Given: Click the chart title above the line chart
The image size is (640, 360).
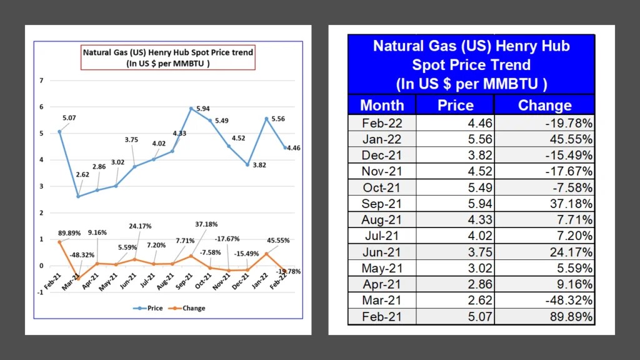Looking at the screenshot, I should [x=168, y=57].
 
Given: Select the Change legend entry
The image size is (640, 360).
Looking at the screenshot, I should [x=189, y=308].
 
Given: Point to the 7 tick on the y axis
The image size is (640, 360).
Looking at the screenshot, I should [x=41, y=81].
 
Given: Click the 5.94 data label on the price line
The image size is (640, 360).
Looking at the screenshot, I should [x=202, y=109].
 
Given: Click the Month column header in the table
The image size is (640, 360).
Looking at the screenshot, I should [x=382, y=105].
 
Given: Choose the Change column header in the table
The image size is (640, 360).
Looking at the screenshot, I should [x=544, y=105].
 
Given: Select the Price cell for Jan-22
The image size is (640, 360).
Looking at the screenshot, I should [x=454, y=139].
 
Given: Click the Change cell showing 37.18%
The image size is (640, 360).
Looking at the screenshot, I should [x=544, y=204].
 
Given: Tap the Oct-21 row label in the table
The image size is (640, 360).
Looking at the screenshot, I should [x=382, y=187].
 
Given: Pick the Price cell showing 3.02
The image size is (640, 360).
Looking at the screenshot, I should [x=454, y=269].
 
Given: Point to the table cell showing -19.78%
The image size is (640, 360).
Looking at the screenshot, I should [x=544, y=122].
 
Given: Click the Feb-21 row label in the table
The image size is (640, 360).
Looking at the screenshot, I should [x=382, y=317].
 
